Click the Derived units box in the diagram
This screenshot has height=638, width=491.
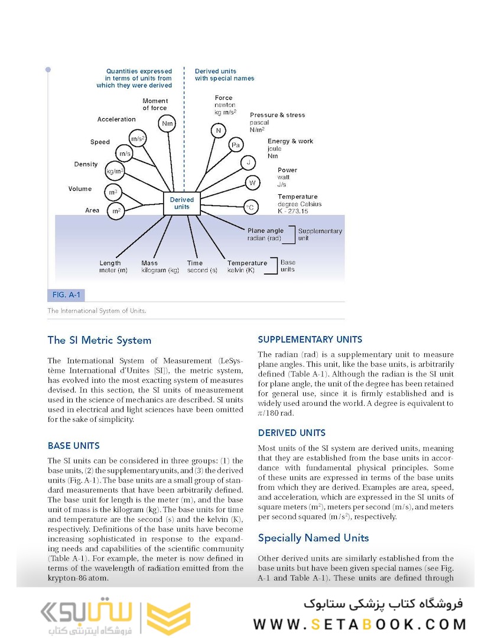[x=181, y=203]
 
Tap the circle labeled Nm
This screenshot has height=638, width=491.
[x=167, y=123]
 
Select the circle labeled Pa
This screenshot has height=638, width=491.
[x=236, y=145]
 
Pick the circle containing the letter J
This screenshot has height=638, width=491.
[x=248, y=163]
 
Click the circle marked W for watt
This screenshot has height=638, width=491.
[x=252, y=183]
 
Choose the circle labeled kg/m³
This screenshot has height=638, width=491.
[x=115, y=171]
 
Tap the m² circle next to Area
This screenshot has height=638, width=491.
[x=115, y=210]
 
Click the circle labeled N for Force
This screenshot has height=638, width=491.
[x=218, y=131]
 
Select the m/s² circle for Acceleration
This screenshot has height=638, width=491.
[x=138, y=139]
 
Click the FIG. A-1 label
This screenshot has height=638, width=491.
[x=66, y=294]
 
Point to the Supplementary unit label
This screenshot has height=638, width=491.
[x=320, y=235]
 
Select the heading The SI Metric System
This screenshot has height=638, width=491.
[x=99, y=340]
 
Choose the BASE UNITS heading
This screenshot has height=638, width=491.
[x=74, y=445]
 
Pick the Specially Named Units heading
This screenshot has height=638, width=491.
[x=313, y=538]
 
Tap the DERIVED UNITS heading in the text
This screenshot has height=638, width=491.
[x=292, y=432]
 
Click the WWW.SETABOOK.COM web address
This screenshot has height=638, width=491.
[x=359, y=624]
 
